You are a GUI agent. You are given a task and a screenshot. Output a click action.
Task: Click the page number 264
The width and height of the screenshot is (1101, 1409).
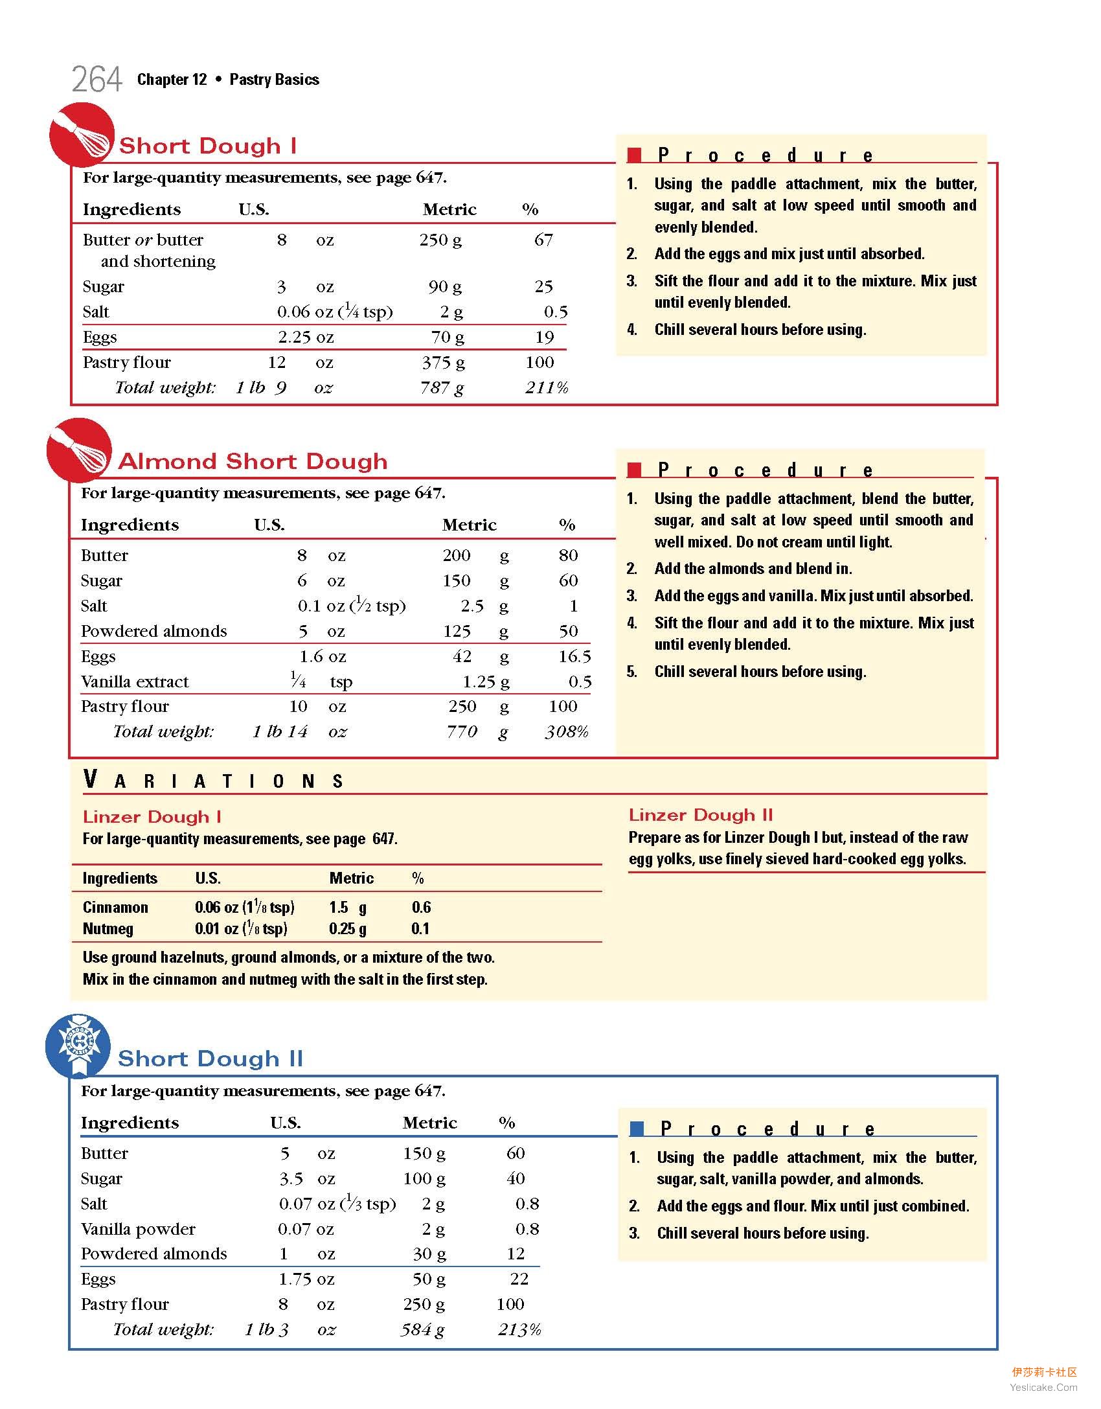pyautogui.click(x=96, y=80)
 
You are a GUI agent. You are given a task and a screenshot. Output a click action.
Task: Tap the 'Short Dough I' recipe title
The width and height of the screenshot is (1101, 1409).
pyautogui.click(x=208, y=146)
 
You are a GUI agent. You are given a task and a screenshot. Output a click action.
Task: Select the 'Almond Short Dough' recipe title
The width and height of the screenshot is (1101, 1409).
pyautogui.click(x=253, y=461)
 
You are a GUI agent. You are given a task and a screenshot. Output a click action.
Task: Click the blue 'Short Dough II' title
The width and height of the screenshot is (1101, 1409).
pyautogui.click(x=210, y=1059)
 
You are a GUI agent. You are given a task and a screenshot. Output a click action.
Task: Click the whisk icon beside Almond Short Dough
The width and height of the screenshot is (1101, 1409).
pyautogui.click(x=79, y=450)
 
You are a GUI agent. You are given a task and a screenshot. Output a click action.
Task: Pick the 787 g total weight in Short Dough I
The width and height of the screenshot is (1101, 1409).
pyautogui.click(x=442, y=388)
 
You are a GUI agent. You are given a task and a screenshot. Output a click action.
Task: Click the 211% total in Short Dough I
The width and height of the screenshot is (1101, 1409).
pyautogui.click(x=547, y=388)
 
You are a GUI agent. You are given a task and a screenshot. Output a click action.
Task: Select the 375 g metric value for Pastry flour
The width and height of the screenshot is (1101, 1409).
pyautogui.click(x=443, y=363)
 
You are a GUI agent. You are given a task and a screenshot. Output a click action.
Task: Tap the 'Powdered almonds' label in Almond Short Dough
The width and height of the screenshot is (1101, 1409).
pyautogui.click(x=154, y=631)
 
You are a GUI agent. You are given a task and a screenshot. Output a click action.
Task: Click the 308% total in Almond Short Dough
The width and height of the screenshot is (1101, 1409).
pyautogui.click(x=567, y=732)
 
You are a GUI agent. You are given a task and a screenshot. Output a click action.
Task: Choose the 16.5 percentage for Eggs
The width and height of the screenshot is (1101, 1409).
pyautogui.click(x=574, y=656)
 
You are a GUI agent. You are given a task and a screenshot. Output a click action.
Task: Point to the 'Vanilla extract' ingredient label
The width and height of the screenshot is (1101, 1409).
pyautogui.click(x=135, y=682)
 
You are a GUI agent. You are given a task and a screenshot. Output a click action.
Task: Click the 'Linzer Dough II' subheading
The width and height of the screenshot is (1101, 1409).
pyautogui.click(x=701, y=815)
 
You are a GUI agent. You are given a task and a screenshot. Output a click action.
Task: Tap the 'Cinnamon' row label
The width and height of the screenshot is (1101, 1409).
pyautogui.click(x=115, y=907)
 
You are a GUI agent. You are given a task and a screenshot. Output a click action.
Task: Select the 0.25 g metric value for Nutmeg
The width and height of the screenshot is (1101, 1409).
pyautogui.click(x=348, y=929)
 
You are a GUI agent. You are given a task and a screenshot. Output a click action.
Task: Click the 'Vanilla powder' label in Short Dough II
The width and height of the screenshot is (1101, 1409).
pyautogui.click(x=138, y=1229)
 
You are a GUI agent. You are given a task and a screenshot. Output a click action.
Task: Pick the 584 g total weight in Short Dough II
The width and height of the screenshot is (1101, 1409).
pyautogui.click(x=422, y=1330)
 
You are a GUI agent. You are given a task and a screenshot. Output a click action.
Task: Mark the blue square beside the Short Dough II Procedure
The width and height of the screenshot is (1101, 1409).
pyautogui.click(x=637, y=1129)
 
